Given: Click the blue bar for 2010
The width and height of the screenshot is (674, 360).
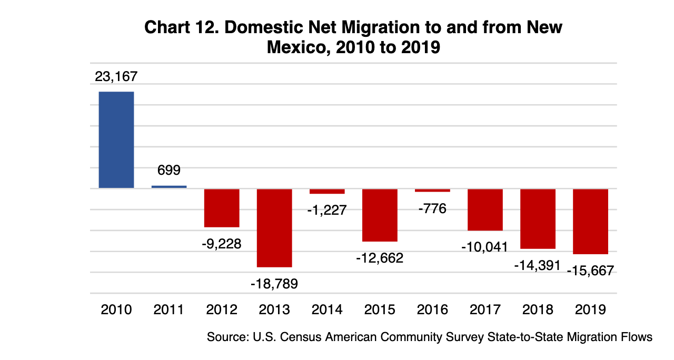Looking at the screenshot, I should (116, 140).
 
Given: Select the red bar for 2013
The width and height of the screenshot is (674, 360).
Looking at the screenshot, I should (274, 228).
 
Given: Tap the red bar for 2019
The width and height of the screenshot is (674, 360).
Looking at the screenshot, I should (590, 222).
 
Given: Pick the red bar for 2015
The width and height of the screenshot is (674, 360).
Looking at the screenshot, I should (380, 215).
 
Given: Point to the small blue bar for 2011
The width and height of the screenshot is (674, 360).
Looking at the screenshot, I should (169, 187).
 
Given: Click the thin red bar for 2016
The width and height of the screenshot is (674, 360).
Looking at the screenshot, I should (432, 191).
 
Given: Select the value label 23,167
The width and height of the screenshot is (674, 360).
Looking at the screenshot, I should (116, 76).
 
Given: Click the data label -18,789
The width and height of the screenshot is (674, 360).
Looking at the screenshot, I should (274, 284).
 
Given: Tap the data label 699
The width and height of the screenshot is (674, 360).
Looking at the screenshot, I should (169, 171).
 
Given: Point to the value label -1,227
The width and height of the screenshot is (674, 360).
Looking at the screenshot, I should (327, 210).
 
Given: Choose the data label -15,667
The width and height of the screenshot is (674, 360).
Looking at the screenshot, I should (590, 271).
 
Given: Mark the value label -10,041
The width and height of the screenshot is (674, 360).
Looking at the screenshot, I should (485, 247).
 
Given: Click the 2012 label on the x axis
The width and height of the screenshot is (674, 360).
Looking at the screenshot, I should (222, 309).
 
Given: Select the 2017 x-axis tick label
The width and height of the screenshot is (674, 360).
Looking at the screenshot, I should (485, 309).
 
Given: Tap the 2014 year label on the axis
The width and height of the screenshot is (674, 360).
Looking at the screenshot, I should (327, 309).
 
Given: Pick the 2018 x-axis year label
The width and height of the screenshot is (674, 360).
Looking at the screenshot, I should (538, 309).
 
